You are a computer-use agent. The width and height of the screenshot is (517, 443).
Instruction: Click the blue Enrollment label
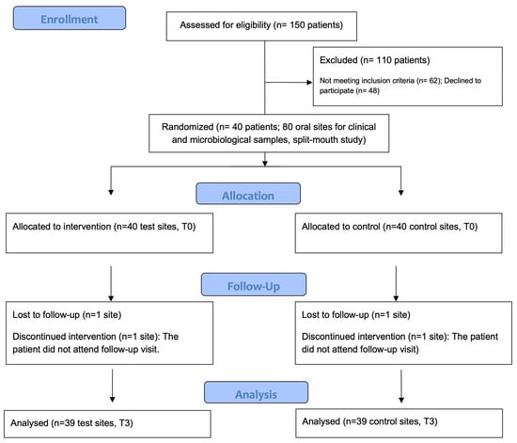pyautogui.click(x=70, y=18)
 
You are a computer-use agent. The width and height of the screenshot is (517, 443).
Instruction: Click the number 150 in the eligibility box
pyautogui.click(x=297, y=25)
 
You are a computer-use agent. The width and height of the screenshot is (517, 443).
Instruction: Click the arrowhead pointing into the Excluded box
pyautogui.click(x=309, y=82)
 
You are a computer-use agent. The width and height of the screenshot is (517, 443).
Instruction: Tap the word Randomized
pyautogui.click(x=188, y=127)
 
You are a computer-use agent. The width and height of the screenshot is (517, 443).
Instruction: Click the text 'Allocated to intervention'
pyautogui.click(x=62, y=227)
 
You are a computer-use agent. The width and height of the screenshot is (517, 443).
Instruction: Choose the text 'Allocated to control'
pyautogui.click(x=341, y=227)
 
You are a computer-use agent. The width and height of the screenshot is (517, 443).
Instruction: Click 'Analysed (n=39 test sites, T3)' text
pyautogui.click(x=71, y=423)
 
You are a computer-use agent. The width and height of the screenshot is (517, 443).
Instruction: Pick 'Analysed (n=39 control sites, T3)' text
pyautogui.click(x=369, y=421)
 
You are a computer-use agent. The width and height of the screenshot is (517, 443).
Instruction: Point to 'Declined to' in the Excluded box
pyautogui.click(x=462, y=81)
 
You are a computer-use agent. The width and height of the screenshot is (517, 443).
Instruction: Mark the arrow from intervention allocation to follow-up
pyautogui.click(x=111, y=283)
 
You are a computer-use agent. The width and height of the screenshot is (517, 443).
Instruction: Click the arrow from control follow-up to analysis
pyautogui.click(x=401, y=386)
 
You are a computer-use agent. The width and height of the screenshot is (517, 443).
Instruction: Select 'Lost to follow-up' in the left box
pyautogui.click(x=46, y=315)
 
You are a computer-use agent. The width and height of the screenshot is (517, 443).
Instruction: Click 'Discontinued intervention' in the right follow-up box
pyautogui.click(x=353, y=337)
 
